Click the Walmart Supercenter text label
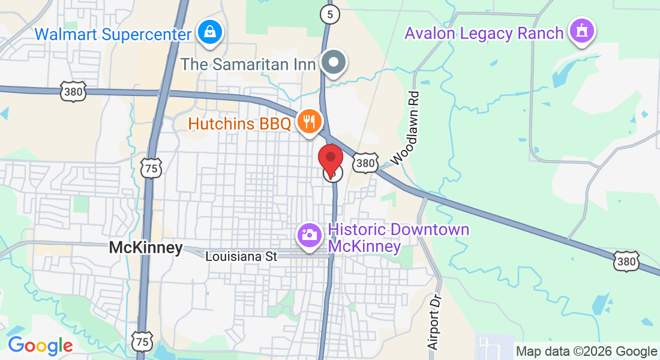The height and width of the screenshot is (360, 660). [113, 33]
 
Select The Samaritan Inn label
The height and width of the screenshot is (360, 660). [248, 63]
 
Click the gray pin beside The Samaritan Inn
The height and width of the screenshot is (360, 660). [332, 62]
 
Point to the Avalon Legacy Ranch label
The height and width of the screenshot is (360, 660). [484, 32]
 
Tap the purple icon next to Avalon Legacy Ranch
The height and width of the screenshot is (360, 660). [581, 31]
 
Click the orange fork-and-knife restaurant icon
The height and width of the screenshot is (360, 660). [309, 122]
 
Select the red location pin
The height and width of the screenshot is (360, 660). [330, 160]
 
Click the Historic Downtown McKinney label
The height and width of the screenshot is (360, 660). [398, 238]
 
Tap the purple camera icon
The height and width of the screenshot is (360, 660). [310, 234]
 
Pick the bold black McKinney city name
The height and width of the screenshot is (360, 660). [146, 248]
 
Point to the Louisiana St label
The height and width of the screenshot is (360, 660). [241, 256]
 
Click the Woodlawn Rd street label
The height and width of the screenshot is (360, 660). [405, 128]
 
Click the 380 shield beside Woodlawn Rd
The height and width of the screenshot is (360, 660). [365, 163]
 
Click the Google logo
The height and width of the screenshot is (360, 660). [40, 346]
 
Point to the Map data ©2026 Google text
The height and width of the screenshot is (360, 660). [586, 352]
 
